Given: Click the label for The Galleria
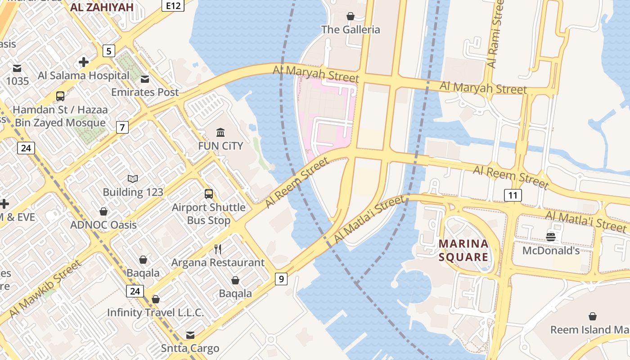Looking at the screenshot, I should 350,30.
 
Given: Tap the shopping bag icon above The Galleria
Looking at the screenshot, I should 350,17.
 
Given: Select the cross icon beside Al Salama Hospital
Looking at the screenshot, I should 83,62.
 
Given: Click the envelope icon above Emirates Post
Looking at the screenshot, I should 145,79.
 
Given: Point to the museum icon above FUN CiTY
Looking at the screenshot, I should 220,133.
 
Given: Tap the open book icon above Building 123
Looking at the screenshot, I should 132,179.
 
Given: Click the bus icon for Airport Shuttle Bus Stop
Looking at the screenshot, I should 209,194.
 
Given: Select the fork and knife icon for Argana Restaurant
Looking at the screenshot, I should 218,249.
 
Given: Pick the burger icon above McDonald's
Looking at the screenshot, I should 551,237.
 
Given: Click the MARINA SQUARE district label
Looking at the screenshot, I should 463,250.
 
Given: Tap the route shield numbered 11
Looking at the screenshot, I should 513,195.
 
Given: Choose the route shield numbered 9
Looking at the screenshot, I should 281,279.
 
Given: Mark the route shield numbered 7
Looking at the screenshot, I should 122,127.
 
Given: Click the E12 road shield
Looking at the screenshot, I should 173,5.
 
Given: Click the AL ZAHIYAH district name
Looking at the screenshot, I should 102,7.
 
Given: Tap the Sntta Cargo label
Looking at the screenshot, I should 190,348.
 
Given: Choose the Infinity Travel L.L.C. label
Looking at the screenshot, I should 155,312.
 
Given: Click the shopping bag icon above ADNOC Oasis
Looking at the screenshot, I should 103,211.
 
